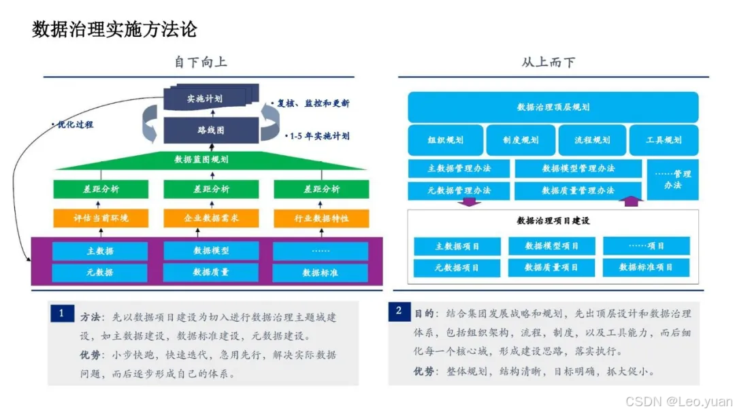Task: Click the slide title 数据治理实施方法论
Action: click(x=114, y=29)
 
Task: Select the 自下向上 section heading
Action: click(x=200, y=62)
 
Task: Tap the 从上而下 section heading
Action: click(x=548, y=62)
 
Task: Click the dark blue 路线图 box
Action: click(x=211, y=129)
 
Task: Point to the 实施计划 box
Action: click(x=206, y=99)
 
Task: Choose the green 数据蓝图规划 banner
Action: click(x=201, y=159)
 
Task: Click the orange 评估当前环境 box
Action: click(x=101, y=218)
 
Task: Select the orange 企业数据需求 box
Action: click(x=211, y=218)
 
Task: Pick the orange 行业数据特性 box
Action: click(x=321, y=218)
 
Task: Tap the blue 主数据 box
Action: click(x=100, y=250)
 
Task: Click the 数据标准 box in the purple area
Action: click(x=321, y=273)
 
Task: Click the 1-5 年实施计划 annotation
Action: click(x=318, y=136)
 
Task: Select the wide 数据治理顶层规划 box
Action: click(x=553, y=107)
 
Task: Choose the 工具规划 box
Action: click(x=664, y=140)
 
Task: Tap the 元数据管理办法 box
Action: click(x=459, y=191)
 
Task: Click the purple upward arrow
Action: click(x=632, y=201)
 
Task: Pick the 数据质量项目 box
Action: click(x=551, y=267)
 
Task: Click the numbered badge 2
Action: click(x=399, y=311)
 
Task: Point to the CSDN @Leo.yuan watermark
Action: click(x=679, y=401)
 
